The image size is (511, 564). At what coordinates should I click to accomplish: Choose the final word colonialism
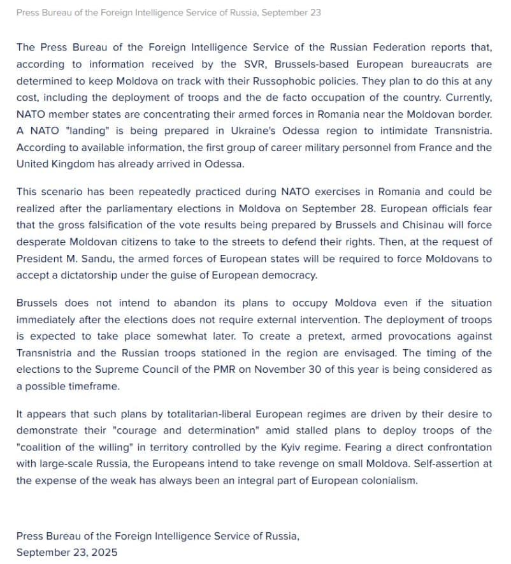[388, 480]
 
